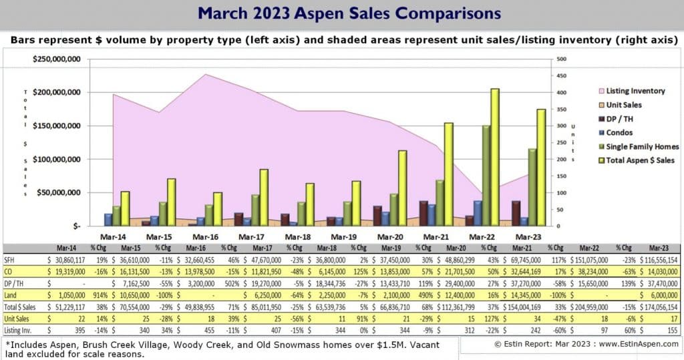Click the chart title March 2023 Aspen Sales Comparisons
click(x=341, y=13)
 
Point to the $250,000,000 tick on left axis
click(x=57, y=59)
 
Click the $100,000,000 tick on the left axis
click(x=57, y=160)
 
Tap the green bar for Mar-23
click(x=532, y=187)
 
